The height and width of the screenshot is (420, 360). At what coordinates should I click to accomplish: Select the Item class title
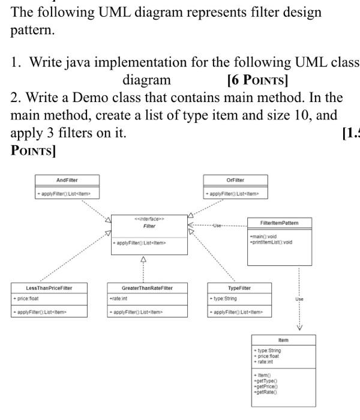pos(283,340)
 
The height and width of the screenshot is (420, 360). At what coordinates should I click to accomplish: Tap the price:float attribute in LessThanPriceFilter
pos(26,298)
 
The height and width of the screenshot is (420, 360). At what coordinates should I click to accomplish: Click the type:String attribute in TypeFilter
pos(223,298)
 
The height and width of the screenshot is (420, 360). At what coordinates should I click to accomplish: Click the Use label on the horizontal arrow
pos(217,226)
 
